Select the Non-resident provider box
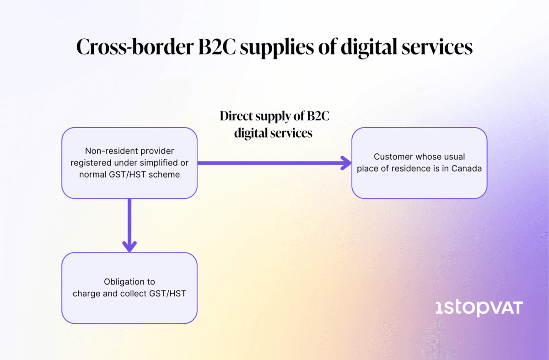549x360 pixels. click(x=129, y=162)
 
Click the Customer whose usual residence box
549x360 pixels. click(x=419, y=162)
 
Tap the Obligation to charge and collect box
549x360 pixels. click(x=129, y=288)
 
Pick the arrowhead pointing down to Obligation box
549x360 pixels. click(x=129, y=246)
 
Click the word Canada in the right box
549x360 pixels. click(x=467, y=168)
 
